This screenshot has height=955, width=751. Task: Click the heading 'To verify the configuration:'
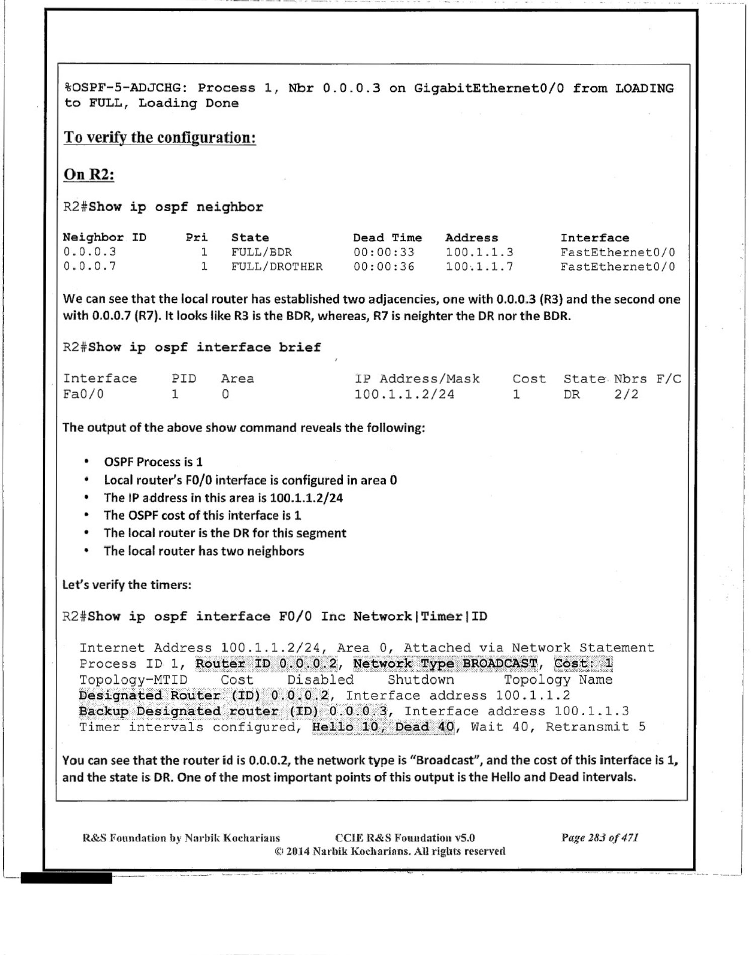(x=160, y=138)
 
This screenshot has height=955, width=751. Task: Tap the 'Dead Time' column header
(x=387, y=238)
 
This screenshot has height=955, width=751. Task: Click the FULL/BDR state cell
(x=261, y=252)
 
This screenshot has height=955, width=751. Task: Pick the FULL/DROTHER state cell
(x=276, y=267)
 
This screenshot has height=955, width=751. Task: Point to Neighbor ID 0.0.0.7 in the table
(x=90, y=266)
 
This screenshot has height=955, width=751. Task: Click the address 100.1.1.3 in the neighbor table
(x=479, y=252)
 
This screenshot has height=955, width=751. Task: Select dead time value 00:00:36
(x=384, y=267)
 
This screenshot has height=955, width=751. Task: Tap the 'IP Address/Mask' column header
(x=417, y=379)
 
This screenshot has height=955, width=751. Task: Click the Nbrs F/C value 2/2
(x=626, y=394)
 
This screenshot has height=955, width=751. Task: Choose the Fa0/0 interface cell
(x=83, y=394)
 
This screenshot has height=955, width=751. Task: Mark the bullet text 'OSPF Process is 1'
(x=153, y=462)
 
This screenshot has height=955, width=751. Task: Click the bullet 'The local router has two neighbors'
(x=203, y=551)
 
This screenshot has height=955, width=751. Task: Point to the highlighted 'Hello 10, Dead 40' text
(x=383, y=727)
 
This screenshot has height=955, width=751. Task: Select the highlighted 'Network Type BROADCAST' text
(x=445, y=664)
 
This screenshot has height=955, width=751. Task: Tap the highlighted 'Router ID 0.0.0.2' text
(x=266, y=664)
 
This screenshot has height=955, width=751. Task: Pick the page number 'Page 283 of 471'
(x=599, y=838)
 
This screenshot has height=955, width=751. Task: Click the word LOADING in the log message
(x=644, y=88)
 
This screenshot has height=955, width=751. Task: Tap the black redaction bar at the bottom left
(x=66, y=879)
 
